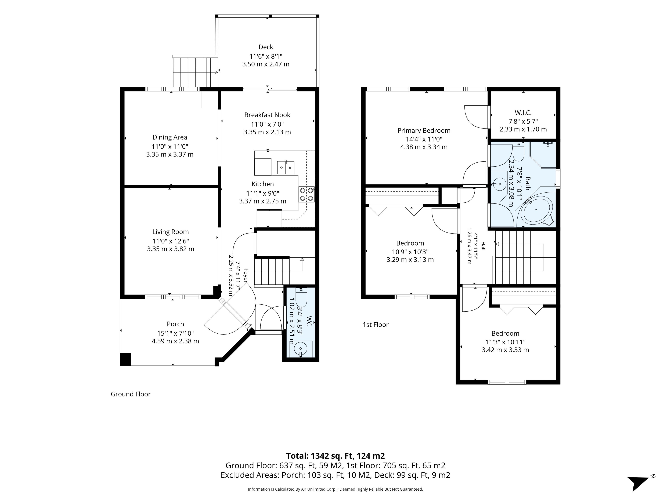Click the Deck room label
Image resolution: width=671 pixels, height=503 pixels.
(x=266, y=47)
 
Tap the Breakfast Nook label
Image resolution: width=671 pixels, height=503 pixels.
(x=267, y=115)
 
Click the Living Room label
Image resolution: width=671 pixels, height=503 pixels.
(x=171, y=232)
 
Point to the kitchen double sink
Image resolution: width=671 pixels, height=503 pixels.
(x=286, y=167)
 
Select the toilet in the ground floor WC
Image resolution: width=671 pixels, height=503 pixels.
(x=301, y=297)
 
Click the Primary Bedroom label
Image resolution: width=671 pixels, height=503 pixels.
(x=424, y=131)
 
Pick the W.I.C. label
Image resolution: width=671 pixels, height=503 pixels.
(x=523, y=113)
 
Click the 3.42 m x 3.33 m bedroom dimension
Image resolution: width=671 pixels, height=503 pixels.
(x=505, y=350)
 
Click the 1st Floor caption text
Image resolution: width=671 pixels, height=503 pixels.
(x=376, y=325)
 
